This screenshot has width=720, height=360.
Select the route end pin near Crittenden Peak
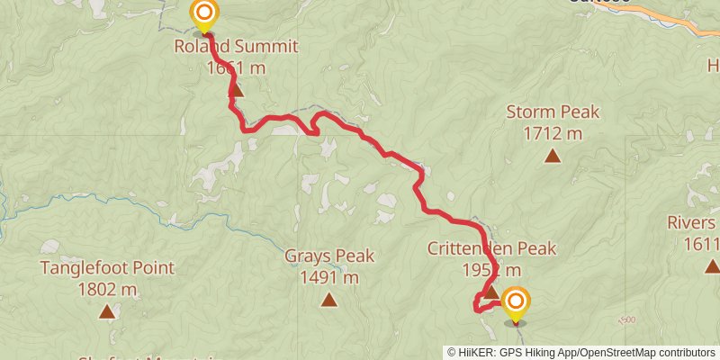click(x=516, y=301)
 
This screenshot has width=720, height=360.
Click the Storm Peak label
click(x=553, y=112)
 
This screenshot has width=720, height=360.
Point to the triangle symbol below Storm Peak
click(x=552, y=157)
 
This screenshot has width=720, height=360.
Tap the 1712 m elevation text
click(x=552, y=134)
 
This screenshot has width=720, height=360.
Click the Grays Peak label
click(x=329, y=256)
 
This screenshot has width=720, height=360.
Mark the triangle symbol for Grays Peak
click(x=329, y=300)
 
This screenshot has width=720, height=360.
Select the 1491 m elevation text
click(x=329, y=277)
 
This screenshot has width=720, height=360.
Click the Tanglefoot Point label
click(x=107, y=268)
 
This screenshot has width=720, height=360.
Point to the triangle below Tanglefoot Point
click(x=107, y=312)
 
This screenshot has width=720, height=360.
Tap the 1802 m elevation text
click(x=107, y=290)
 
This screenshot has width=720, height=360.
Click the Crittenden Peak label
click(x=491, y=249)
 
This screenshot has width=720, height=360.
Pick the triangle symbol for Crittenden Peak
click(x=491, y=291)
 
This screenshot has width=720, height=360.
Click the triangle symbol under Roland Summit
click(x=236, y=89)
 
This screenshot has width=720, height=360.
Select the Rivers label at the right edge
click(x=693, y=223)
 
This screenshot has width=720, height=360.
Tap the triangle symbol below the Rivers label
click(x=711, y=265)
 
